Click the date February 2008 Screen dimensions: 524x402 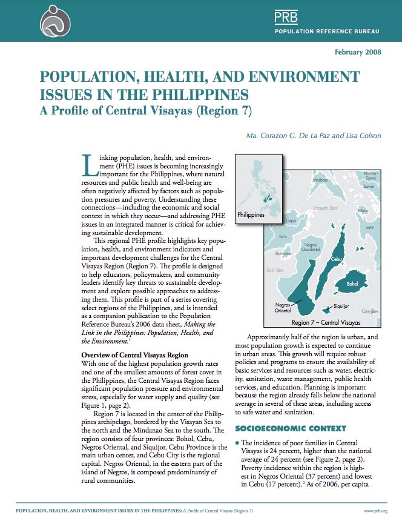358,52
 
